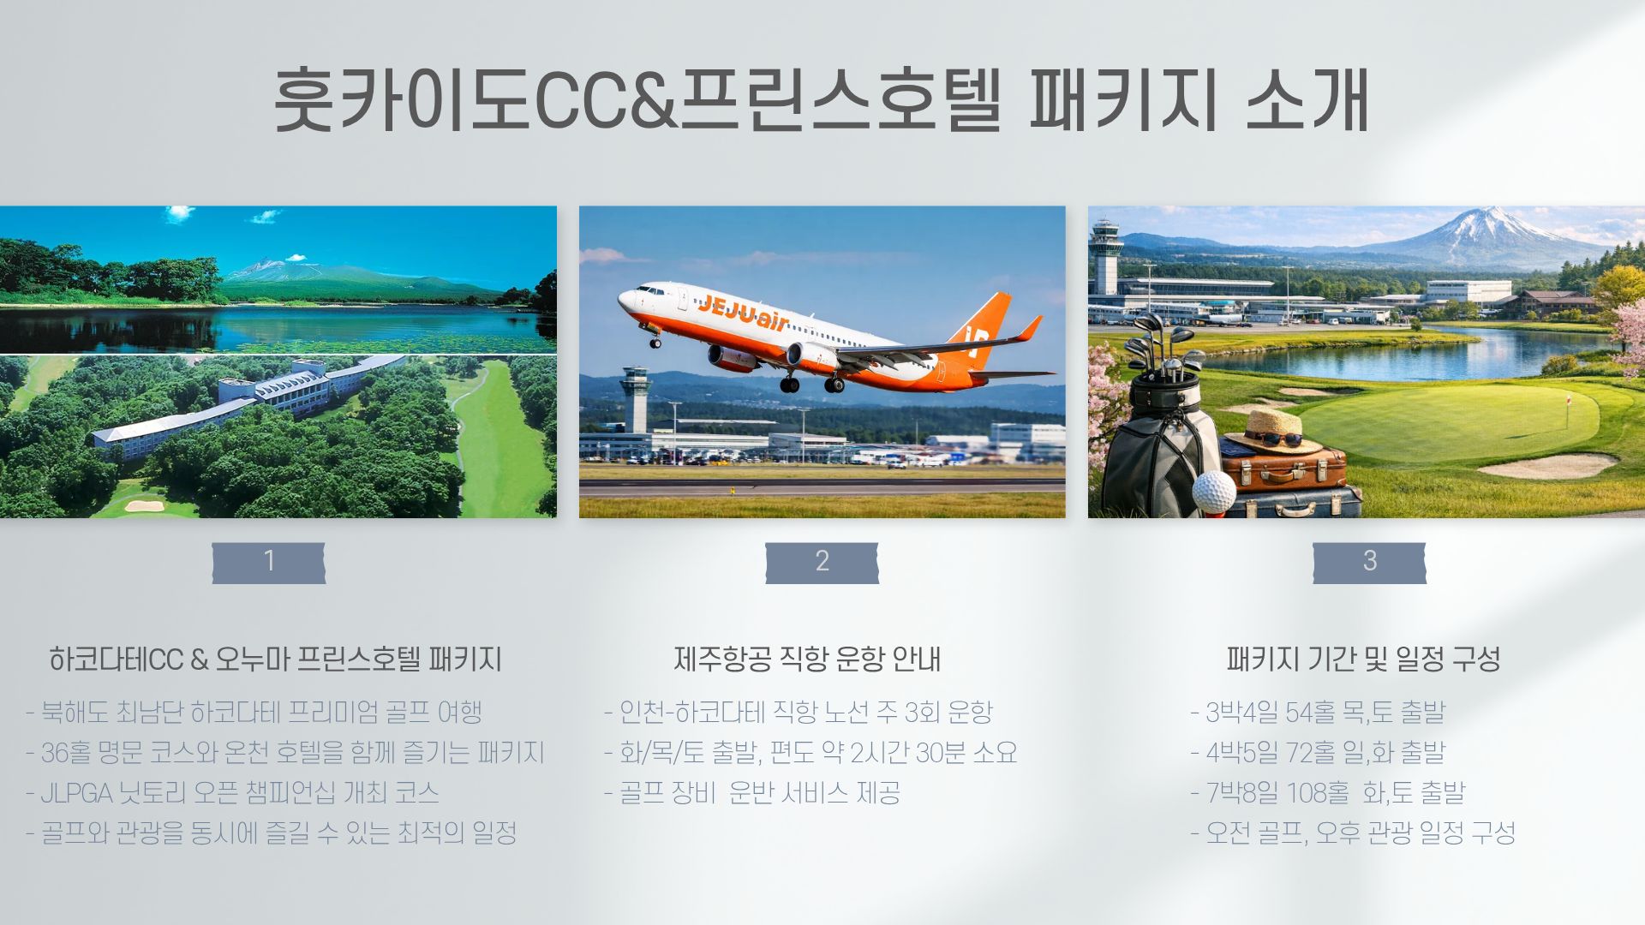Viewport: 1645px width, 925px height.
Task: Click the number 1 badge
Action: click(269, 563)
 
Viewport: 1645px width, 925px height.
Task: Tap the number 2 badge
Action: click(822, 563)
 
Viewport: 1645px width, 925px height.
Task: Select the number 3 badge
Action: click(1369, 563)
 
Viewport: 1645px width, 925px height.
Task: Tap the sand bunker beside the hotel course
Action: click(145, 505)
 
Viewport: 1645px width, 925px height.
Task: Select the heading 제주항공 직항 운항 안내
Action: click(806, 659)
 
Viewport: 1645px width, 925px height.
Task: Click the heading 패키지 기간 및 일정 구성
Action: click(1363, 659)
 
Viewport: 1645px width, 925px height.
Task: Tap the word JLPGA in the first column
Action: click(76, 793)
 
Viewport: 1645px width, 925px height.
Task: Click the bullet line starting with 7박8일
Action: click(1328, 793)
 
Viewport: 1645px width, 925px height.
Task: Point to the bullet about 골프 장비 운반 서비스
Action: click(752, 793)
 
